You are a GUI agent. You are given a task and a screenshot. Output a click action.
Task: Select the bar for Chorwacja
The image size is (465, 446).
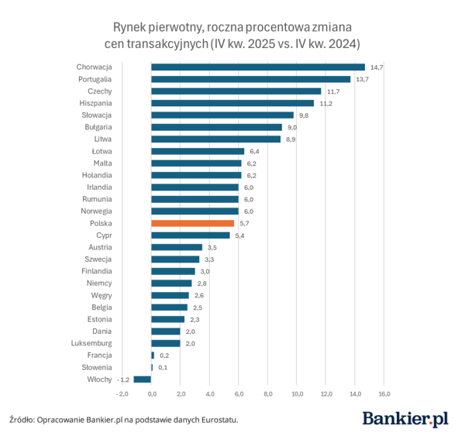tap(257, 67)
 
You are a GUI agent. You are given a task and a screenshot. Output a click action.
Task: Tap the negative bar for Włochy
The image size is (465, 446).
tap(142, 379)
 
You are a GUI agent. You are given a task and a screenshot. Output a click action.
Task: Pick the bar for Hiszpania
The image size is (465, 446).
tap(232, 103)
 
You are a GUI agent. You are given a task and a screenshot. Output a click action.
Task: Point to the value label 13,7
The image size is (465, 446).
tap(362, 80)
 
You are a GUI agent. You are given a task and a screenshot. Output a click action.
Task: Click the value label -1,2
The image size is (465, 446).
tap(122, 379)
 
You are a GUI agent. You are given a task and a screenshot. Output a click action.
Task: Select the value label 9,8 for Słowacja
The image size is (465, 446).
tap(304, 115)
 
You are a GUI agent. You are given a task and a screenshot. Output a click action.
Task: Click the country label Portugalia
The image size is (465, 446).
tap(95, 79)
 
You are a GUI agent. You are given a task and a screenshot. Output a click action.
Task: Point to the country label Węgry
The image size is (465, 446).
tap(102, 295)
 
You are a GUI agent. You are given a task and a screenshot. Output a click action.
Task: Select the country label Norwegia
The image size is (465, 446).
tap(97, 211)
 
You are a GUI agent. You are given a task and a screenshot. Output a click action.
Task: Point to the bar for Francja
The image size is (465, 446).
tap(153, 355)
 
